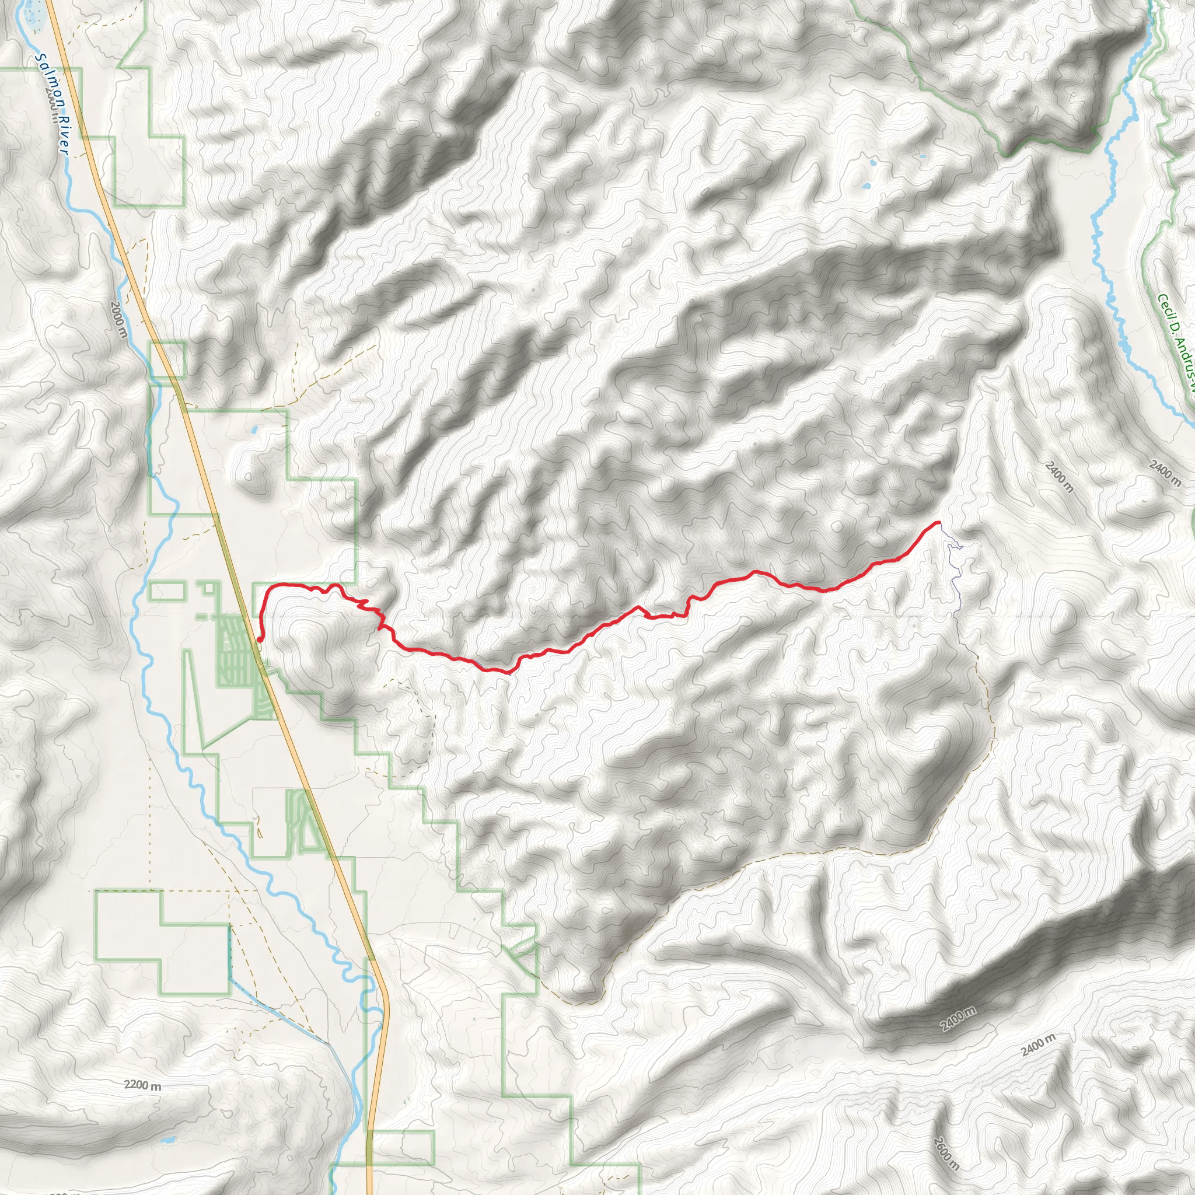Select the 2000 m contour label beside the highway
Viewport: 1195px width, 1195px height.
pyautogui.click(x=119, y=320)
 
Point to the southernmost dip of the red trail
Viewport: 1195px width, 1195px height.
pyautogui.click(x=507, y=672)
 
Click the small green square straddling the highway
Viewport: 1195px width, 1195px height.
pyautogui.click(x=167, y=359)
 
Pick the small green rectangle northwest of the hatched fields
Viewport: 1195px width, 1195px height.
pyautogui.click(x=167, y=590)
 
